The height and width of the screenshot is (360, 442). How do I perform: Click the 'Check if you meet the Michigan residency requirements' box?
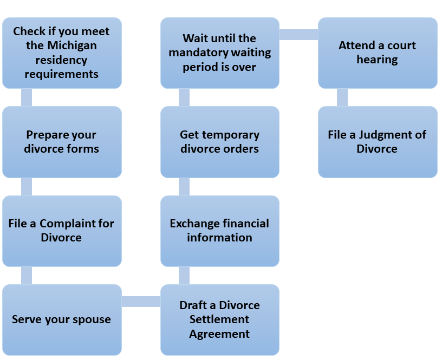click(x=62, y=53)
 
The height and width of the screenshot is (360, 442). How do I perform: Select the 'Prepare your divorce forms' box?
click(x=62, y=142)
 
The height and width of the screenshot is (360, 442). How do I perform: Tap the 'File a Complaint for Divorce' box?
click(x=62, y=231)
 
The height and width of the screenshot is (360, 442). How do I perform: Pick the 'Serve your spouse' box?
click(x=62, y=319)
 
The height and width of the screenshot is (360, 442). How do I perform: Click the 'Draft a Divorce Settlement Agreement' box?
click(x=219, y=319)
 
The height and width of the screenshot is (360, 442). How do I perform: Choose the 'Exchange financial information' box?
click(x=219, y=231)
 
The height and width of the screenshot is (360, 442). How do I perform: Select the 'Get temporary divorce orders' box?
click(x=219, y=142)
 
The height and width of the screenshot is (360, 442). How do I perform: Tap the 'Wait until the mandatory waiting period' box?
click(x=219, y=53)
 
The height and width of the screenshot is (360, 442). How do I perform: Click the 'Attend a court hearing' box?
click(x=377, y=53)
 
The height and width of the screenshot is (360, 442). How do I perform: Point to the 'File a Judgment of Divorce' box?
click(x=377, y=142)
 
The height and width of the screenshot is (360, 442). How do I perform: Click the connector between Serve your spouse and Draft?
click(x=141, y=302)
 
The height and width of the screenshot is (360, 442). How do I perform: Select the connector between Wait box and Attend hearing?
click(x=298, y=35)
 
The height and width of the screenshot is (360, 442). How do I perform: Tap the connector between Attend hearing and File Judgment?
click(x=342, y=97)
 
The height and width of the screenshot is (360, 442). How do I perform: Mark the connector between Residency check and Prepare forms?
click(x=26, y=97)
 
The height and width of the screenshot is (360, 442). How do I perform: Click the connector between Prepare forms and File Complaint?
click(x=26, y=187)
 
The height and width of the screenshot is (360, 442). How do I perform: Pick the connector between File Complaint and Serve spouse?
click(x=26, y=276)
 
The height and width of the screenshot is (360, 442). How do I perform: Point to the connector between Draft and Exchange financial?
click(x=184, y=276)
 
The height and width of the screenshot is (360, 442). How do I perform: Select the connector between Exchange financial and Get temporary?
click(x=184, y=187)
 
